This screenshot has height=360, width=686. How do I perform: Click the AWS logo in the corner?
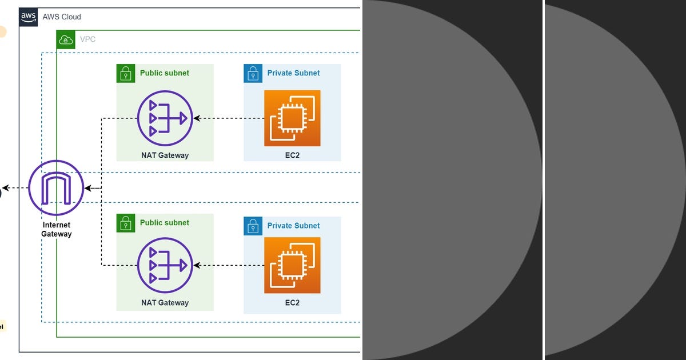pos(29,17)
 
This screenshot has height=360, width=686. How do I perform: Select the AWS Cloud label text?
pos(62,17)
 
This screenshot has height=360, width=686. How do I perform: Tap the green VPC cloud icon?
pos(66,39)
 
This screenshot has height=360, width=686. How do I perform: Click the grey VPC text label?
pos(87,39)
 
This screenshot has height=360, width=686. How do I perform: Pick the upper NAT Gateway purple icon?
pos(165,118)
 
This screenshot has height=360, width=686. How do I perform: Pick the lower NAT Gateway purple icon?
pos(165,265)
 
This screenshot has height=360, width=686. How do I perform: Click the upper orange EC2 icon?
pos(292,118)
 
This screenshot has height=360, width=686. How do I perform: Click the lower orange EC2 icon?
pos(292,265)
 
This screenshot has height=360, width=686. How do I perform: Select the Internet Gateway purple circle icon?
pos(56,188)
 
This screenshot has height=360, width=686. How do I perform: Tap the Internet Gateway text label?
pos(56,229)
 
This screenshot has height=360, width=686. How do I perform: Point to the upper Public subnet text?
pos(165,73)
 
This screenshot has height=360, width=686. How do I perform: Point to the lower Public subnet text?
pos(165,223)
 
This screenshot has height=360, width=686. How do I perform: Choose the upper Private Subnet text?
pos(293,73)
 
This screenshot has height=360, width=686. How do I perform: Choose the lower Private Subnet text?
pos(293,226)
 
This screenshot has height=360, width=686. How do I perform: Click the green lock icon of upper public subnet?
pos(126,73)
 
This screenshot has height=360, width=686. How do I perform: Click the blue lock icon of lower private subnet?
pos(253,226)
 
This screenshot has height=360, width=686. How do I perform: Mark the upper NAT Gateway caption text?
pos(165,155)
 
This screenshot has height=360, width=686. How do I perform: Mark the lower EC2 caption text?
pos(292,303)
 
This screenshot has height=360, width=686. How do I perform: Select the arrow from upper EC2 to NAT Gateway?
pos(229,118)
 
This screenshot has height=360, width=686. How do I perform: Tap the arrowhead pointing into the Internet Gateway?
pos(87,188)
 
